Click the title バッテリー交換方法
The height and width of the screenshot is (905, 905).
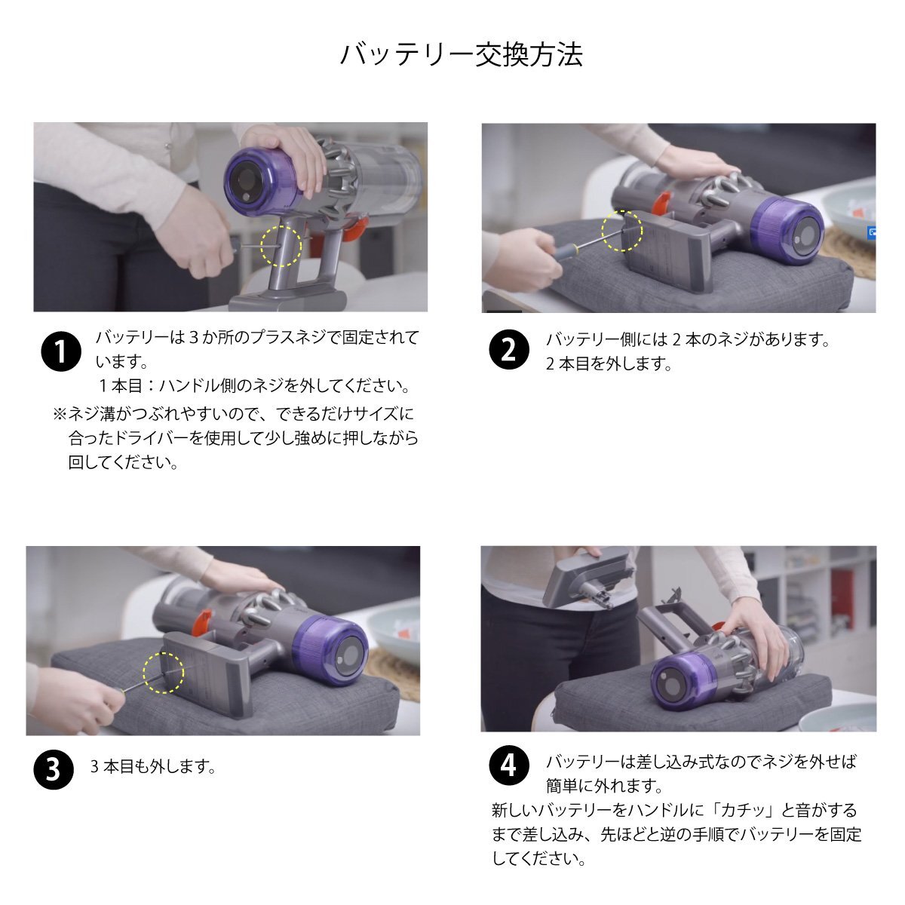(x=461, y=55)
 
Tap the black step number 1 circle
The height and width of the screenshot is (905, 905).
(x=60, y=351)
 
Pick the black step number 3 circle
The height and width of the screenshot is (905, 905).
(x=54, y=769)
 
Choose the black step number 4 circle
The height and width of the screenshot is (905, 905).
(x=509, y=766)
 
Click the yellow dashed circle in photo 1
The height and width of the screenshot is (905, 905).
(x=281, y=246)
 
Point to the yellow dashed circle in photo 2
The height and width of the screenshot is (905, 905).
(x=621, y=230)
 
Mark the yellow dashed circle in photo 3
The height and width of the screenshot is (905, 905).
(x=164, y=673)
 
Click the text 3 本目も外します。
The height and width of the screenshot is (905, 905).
(x=154, y=767)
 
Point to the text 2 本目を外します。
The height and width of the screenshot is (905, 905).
(x=609, y=364)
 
